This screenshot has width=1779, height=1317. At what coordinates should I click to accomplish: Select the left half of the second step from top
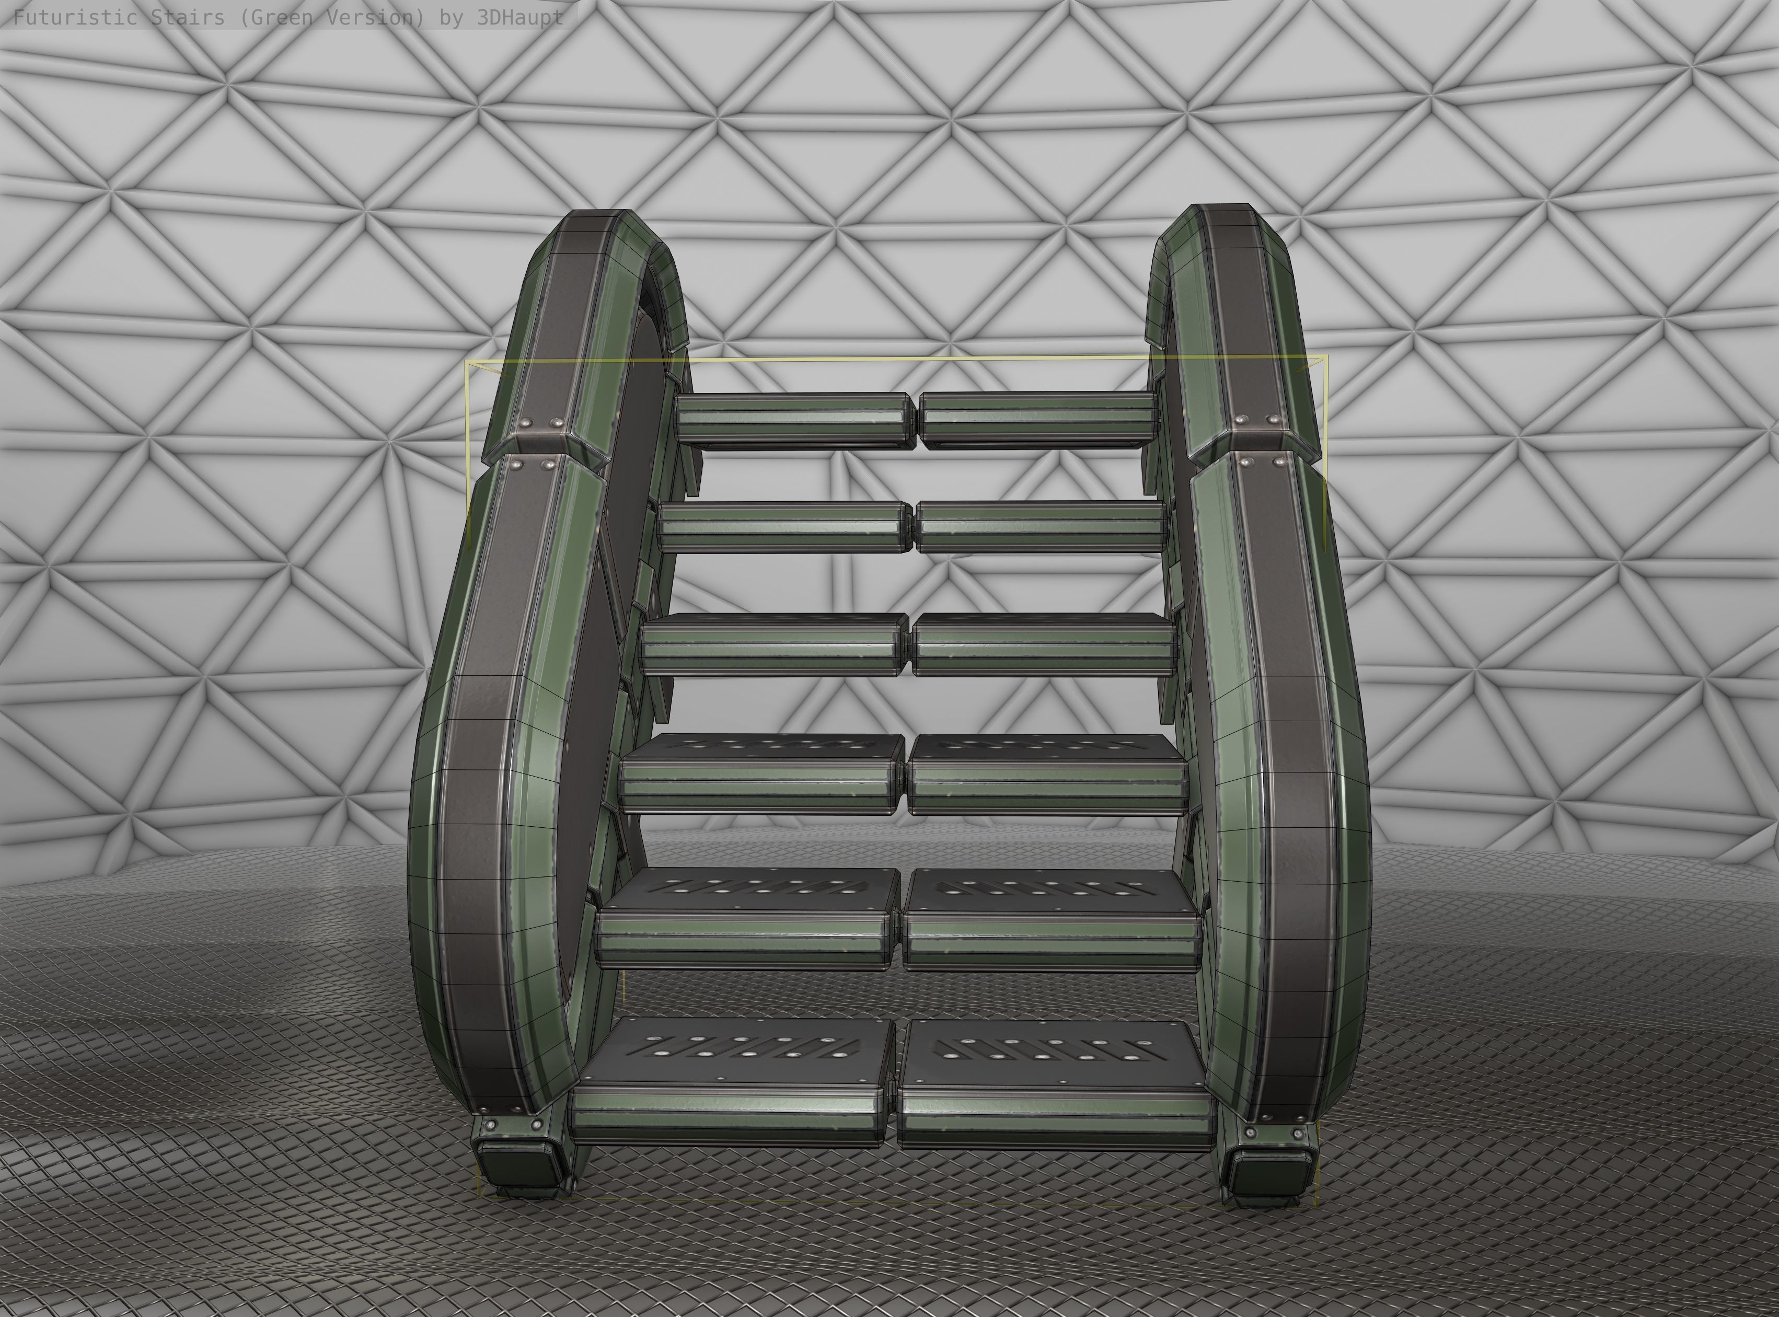tap(784, 527)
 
